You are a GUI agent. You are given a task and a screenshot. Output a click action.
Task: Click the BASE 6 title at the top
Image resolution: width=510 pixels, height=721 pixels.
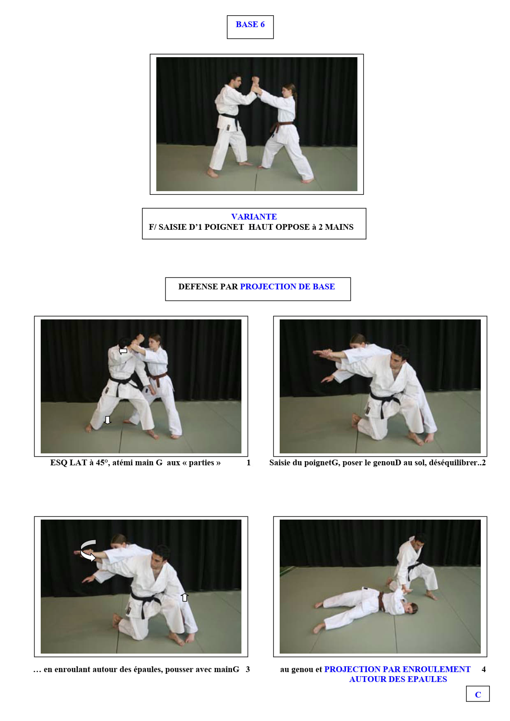(x=250, y=25)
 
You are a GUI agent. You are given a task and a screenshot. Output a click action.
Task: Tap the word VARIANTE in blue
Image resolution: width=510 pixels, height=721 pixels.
(x=254, y=217)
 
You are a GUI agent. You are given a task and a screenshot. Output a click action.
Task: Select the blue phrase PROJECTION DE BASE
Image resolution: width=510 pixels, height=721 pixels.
(x=287, y=287)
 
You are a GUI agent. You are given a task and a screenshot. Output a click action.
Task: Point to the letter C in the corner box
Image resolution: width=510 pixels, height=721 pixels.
(x=478, y=695)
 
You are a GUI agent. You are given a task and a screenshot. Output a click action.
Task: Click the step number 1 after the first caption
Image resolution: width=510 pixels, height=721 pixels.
(x=248, y=463)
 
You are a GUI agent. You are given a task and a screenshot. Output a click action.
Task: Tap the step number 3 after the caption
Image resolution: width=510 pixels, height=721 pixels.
(x=248, y=670)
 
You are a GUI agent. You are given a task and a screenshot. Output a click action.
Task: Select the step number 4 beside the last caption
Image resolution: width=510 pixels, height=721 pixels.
(x=484, y=670)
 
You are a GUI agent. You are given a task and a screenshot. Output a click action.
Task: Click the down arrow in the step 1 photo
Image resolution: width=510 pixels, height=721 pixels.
(x=108, y=420)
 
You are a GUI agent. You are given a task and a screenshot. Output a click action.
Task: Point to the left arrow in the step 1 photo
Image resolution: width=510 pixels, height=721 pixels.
(x=123, y=351)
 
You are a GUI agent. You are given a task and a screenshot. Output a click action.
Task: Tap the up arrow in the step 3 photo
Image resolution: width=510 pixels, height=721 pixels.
(x=185, y=597)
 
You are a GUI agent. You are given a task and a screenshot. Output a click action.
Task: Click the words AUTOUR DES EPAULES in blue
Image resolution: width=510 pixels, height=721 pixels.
(x=398, y=679)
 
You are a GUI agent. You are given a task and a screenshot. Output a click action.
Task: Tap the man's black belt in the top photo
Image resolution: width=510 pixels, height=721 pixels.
(x=229, y=119)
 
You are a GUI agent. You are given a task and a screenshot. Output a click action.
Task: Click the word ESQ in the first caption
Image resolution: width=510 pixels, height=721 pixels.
(x=58, y=463)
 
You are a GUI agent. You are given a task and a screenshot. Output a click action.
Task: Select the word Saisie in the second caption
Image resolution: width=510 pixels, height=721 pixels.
(x=281, y=463)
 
